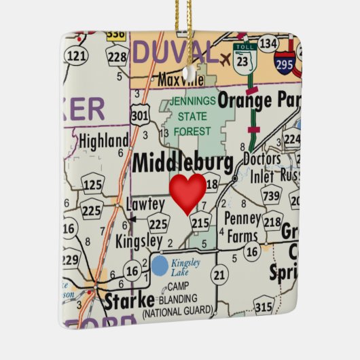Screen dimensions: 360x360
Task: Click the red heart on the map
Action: (187, 192)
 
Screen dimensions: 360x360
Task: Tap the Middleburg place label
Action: (182, 163)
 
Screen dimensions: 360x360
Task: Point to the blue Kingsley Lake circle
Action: (160, 265)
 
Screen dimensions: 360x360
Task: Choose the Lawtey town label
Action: (145, 204)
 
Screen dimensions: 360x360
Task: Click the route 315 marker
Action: (263, 306)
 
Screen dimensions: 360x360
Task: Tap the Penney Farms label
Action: (243, 228)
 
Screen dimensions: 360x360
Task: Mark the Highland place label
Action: (103, 141)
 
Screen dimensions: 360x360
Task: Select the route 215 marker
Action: (200, 221)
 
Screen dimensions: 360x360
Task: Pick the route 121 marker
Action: (81, 56)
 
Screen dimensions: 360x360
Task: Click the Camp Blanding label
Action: (178, 299)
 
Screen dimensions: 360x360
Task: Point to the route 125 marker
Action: (92, 183)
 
